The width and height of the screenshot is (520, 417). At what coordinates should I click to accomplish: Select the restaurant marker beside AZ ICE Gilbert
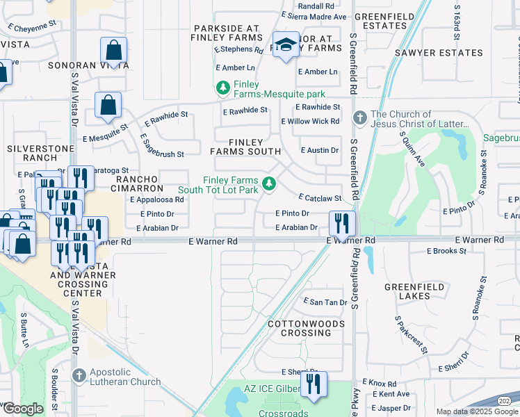click(314, 384)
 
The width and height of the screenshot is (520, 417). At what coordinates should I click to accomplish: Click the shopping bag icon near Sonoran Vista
click(113, 51)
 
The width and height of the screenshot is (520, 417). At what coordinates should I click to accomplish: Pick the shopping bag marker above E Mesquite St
click(108, 106)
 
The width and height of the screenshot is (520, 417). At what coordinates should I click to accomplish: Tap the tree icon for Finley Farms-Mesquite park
click(222, 88)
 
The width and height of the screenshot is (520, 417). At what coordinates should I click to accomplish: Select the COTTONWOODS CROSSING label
click(306, 328)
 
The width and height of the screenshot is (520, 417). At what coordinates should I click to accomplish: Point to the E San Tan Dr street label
click(325, 302)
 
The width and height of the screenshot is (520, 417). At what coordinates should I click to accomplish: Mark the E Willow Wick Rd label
click(310, 121)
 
